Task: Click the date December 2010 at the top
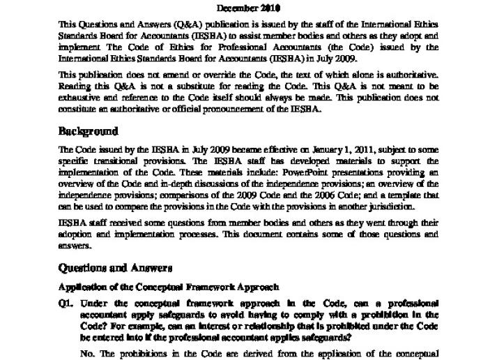(248, 8)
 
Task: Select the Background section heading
(88, 131)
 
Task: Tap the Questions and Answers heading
(115, 268)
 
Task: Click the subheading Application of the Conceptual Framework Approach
(169, 287)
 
